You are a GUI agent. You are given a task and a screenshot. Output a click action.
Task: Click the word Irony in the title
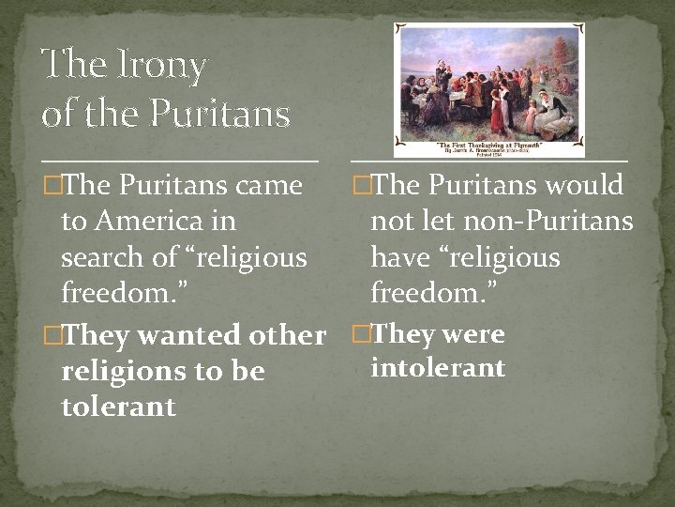(x=157, y=66)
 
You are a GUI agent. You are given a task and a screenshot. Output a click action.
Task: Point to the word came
(x=269, y=186)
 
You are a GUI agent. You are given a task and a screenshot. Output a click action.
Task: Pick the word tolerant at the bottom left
(x=118, y=407)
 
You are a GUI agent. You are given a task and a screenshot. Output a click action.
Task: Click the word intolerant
(x=438, y=368)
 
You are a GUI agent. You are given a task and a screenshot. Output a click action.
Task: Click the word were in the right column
(x=472, y=334)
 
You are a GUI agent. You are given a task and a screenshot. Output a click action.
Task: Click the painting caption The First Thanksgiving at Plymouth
(x=489, y=146)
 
